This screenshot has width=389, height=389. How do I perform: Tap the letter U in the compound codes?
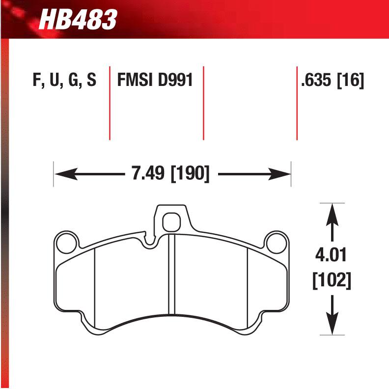pos(53,81)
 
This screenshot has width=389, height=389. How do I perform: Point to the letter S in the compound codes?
pos(91,81)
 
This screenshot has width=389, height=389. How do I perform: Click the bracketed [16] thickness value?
pos(350,81)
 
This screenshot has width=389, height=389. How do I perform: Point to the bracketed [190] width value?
pos(190,174)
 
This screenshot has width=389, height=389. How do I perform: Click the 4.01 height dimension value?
pos(332,256)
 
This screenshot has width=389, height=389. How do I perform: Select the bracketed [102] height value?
pos(332,281)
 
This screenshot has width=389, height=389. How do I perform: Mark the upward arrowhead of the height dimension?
pos(332,214)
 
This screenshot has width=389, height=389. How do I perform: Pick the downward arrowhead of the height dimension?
pos(332,324)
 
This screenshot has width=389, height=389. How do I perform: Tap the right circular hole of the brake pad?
pos(276,242)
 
